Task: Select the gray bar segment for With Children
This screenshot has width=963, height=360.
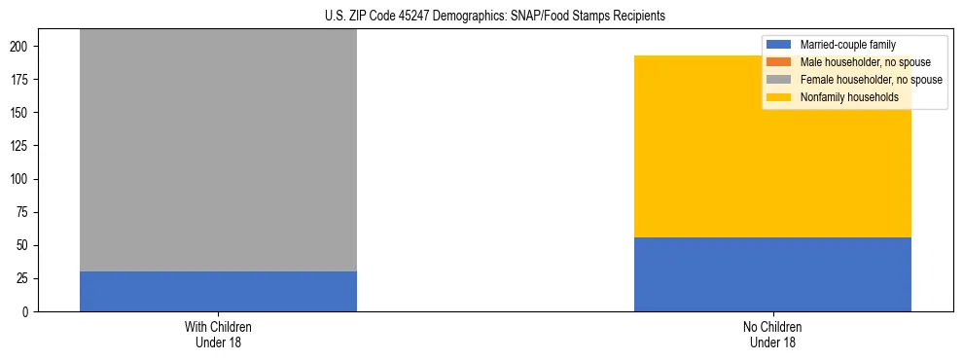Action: (218, 151)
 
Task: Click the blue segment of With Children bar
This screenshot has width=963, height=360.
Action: (218, 291)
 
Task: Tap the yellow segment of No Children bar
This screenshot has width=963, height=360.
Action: (772, 146)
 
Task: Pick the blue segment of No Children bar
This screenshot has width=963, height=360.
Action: (772, 274)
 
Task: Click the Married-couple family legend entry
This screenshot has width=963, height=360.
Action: (847, 45)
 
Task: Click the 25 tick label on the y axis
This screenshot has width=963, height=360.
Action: (29, 279)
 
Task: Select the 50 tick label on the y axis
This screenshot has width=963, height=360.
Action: (29, 246)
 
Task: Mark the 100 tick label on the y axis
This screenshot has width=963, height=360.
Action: (26, 180)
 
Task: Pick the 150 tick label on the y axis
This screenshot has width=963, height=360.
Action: (26, 113)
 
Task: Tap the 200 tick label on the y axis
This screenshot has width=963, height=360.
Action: (26, 47)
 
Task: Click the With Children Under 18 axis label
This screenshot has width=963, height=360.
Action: (218, 334)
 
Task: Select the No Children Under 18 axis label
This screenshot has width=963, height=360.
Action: (772, 334)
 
